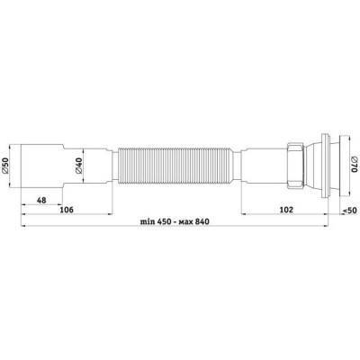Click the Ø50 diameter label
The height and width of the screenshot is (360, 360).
click(5, 166)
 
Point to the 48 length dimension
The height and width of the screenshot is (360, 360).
click(41, 200)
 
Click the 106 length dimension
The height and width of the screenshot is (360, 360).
click(67, 210)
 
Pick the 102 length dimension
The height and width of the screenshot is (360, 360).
click(286, 210)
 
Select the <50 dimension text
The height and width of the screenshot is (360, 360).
click(349, 211)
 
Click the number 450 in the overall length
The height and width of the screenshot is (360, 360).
click(163, 221)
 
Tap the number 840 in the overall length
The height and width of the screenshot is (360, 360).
click(202, 221)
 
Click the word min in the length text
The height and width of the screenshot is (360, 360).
click(148, 221)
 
